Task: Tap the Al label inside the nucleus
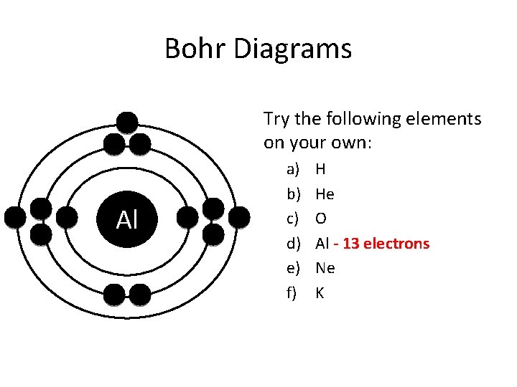click(x=126, y=220)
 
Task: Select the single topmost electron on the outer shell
click(x=127, y=123)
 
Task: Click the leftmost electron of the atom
click(x=15, y=217)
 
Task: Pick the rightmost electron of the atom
click(x=239, y=217)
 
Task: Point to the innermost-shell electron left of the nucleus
click(x=67, y=217)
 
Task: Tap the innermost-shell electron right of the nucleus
click(x=187, y=217)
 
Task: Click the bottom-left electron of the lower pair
click(x=114, y=294)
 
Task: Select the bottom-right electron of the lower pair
click(x=140, y=294)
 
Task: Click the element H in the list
click(x=320, y=170)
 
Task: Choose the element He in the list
click(x=325, y=194)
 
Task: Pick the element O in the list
click(x=321, y=219)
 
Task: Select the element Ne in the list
click(x=325, y=268)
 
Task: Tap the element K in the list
click(x=320, y=292)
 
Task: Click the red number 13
click(x=351, y=244)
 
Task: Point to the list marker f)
click(x=292, y=292)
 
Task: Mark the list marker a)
click(x=292, y=170)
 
